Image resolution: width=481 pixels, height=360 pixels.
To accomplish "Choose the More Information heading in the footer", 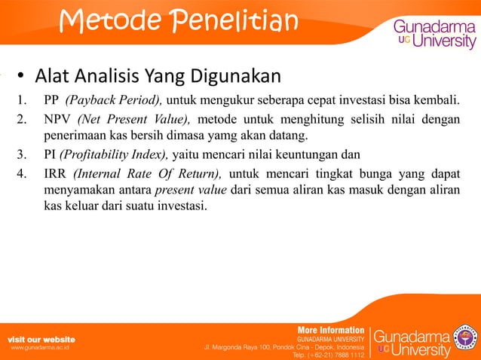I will pos(331,330).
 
